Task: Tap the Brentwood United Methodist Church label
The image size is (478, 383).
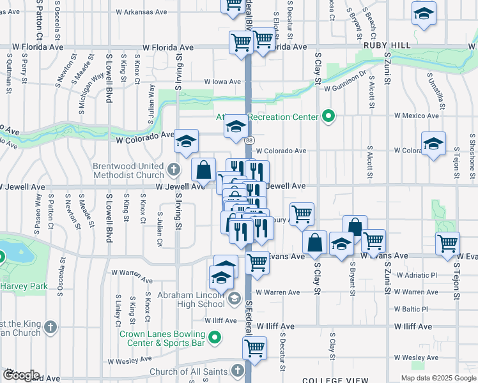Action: pyautogui.click(x=128, y=170)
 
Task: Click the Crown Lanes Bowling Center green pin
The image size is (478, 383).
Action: pyautogui.click(x=215, y=337)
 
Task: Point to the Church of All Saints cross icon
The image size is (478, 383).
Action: pyautogui.click(x=237, y=370)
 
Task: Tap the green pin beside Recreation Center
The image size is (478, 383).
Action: pyautogui.click(x=328, y=116)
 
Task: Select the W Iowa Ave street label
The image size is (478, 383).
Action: pyautogui.click(x=222, y=82)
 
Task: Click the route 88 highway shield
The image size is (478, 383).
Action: pyautogui.click(x=249, y=140)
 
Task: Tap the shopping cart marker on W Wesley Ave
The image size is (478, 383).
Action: pyautogui.click(x=254, y=349)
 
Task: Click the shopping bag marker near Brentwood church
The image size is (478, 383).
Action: pyautogui.click(x=203, y=170)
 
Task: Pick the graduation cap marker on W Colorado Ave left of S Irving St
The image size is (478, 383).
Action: pyautogui.click(x=187, y=141)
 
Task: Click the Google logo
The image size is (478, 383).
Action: pyautogui.click(x=20, y=375)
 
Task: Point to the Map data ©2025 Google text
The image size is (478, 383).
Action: pyautogui.click(x=438, y=378)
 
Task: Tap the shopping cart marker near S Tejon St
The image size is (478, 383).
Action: pyautogui.click(x=447, y=243)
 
